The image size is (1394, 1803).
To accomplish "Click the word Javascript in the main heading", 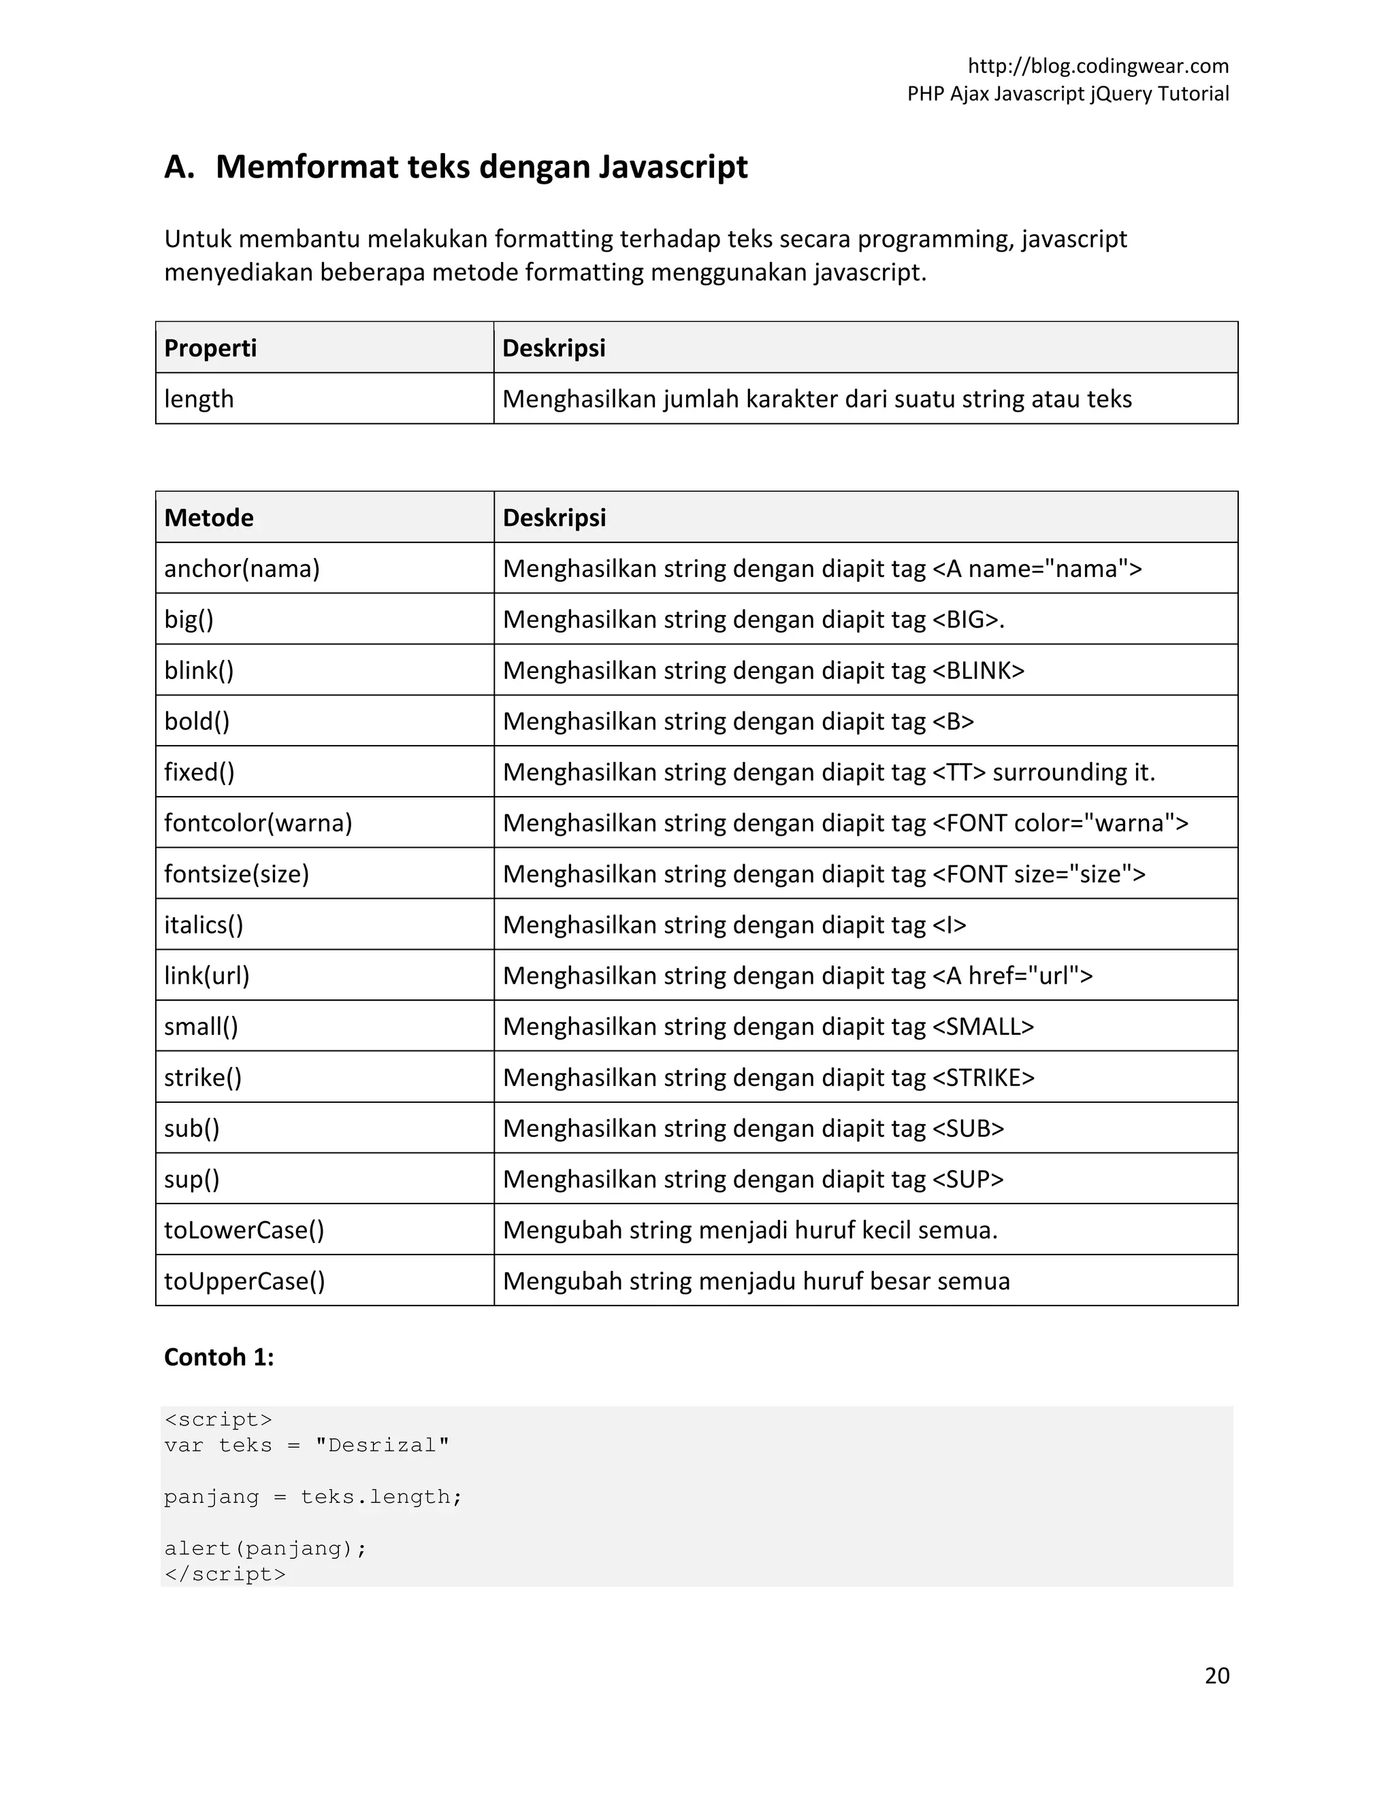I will [672, 167].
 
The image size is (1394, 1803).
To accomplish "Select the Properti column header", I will [210, 348].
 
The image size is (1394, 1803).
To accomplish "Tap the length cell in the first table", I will [199, 399].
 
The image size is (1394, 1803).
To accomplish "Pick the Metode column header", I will [209, 518].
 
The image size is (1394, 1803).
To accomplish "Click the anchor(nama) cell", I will [241, 569].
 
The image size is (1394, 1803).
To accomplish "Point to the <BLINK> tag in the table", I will [978, 670].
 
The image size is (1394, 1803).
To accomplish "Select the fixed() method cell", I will [199, 772].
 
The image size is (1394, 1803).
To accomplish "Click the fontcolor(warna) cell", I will [258, 823].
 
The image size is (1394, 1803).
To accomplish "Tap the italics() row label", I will [203, 925].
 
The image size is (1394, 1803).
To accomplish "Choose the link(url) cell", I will [206, 976].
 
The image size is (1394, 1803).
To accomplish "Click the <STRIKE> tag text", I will [983, 1077].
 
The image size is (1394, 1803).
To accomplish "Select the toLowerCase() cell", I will [244, 1230].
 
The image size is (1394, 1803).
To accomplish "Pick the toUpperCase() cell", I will [244, 1281].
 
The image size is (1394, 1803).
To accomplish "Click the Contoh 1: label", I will [219, 1357].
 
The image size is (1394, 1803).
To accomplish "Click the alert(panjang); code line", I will [265, 1548].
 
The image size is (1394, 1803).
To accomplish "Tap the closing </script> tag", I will [225, 1574].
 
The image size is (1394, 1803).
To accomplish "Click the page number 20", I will [1216, 1675].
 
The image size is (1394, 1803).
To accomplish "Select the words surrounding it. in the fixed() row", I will [1073, 772].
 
